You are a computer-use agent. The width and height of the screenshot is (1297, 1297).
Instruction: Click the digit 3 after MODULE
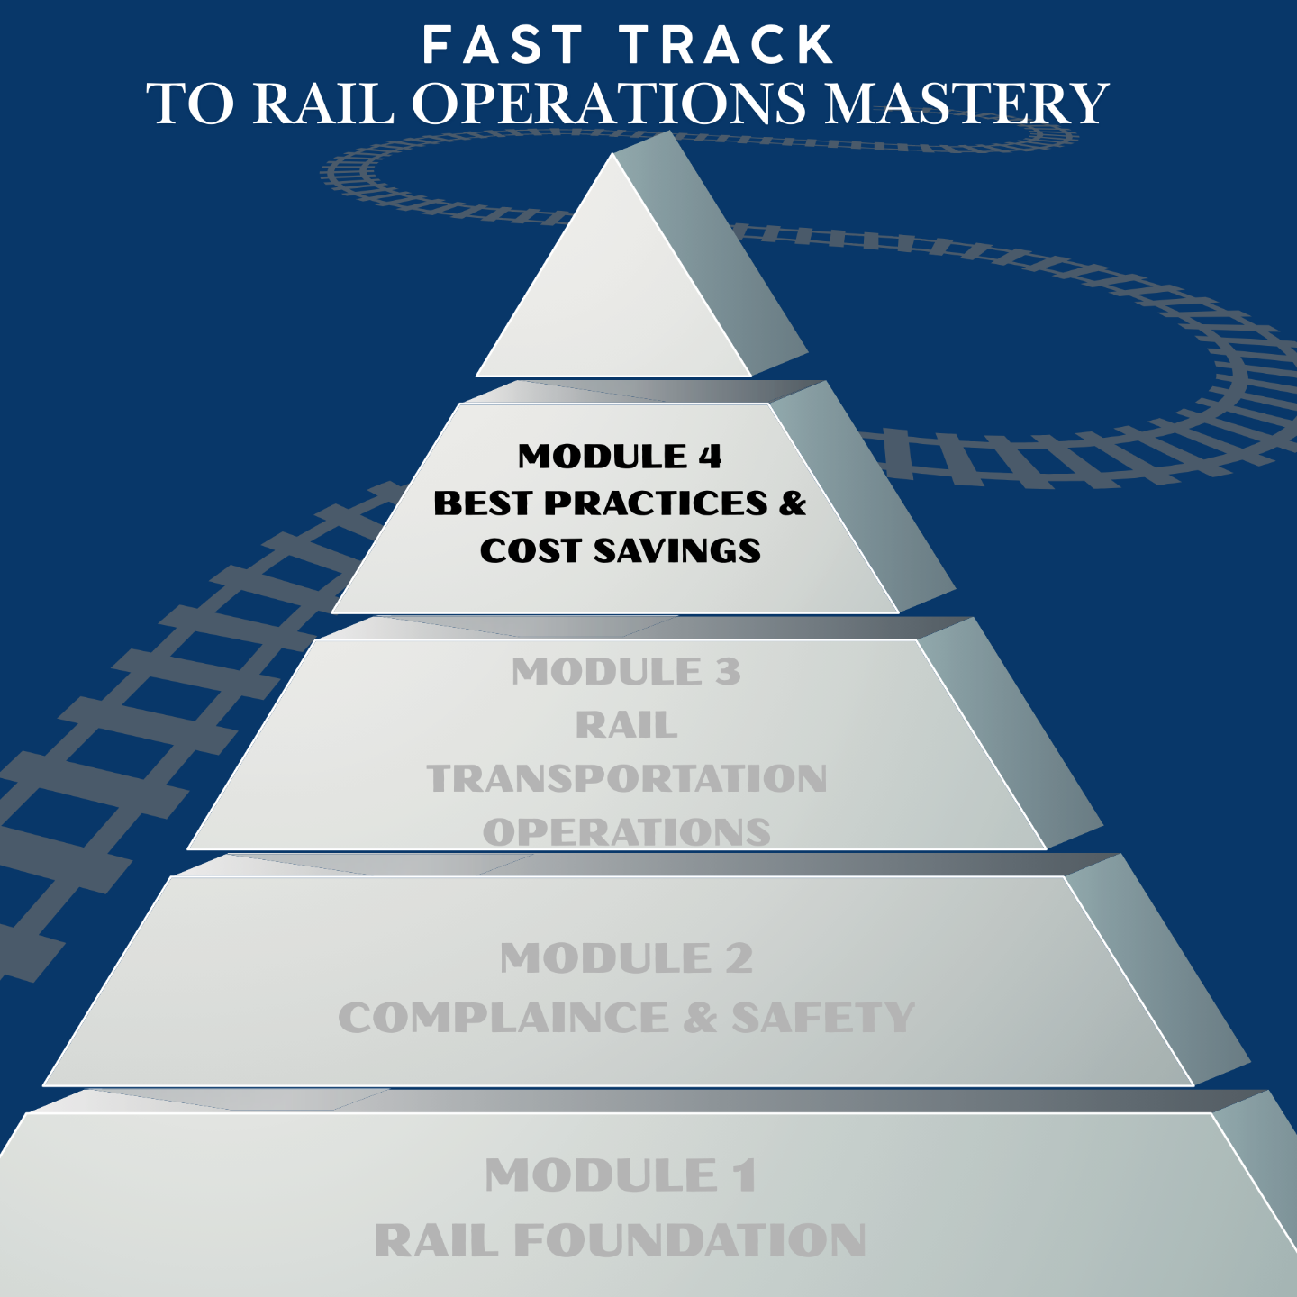coord(727,672)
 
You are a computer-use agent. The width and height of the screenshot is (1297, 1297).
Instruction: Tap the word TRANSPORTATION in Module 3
coord(627,779)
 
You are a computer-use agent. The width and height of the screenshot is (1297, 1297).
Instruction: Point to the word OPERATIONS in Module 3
coord(627,832)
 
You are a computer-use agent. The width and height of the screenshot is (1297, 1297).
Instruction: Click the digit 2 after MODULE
coord(739,958)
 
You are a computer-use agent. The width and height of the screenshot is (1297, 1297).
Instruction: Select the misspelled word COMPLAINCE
coord(503,1019)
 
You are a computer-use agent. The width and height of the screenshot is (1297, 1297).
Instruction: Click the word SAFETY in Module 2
coord(823,1019)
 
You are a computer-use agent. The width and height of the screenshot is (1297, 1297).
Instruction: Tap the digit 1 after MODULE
coord(744,1176)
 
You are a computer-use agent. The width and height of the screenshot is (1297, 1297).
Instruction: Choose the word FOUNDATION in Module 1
coord(690,1241)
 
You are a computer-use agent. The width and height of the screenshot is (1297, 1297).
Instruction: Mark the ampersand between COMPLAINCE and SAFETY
coord(700,1019)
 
